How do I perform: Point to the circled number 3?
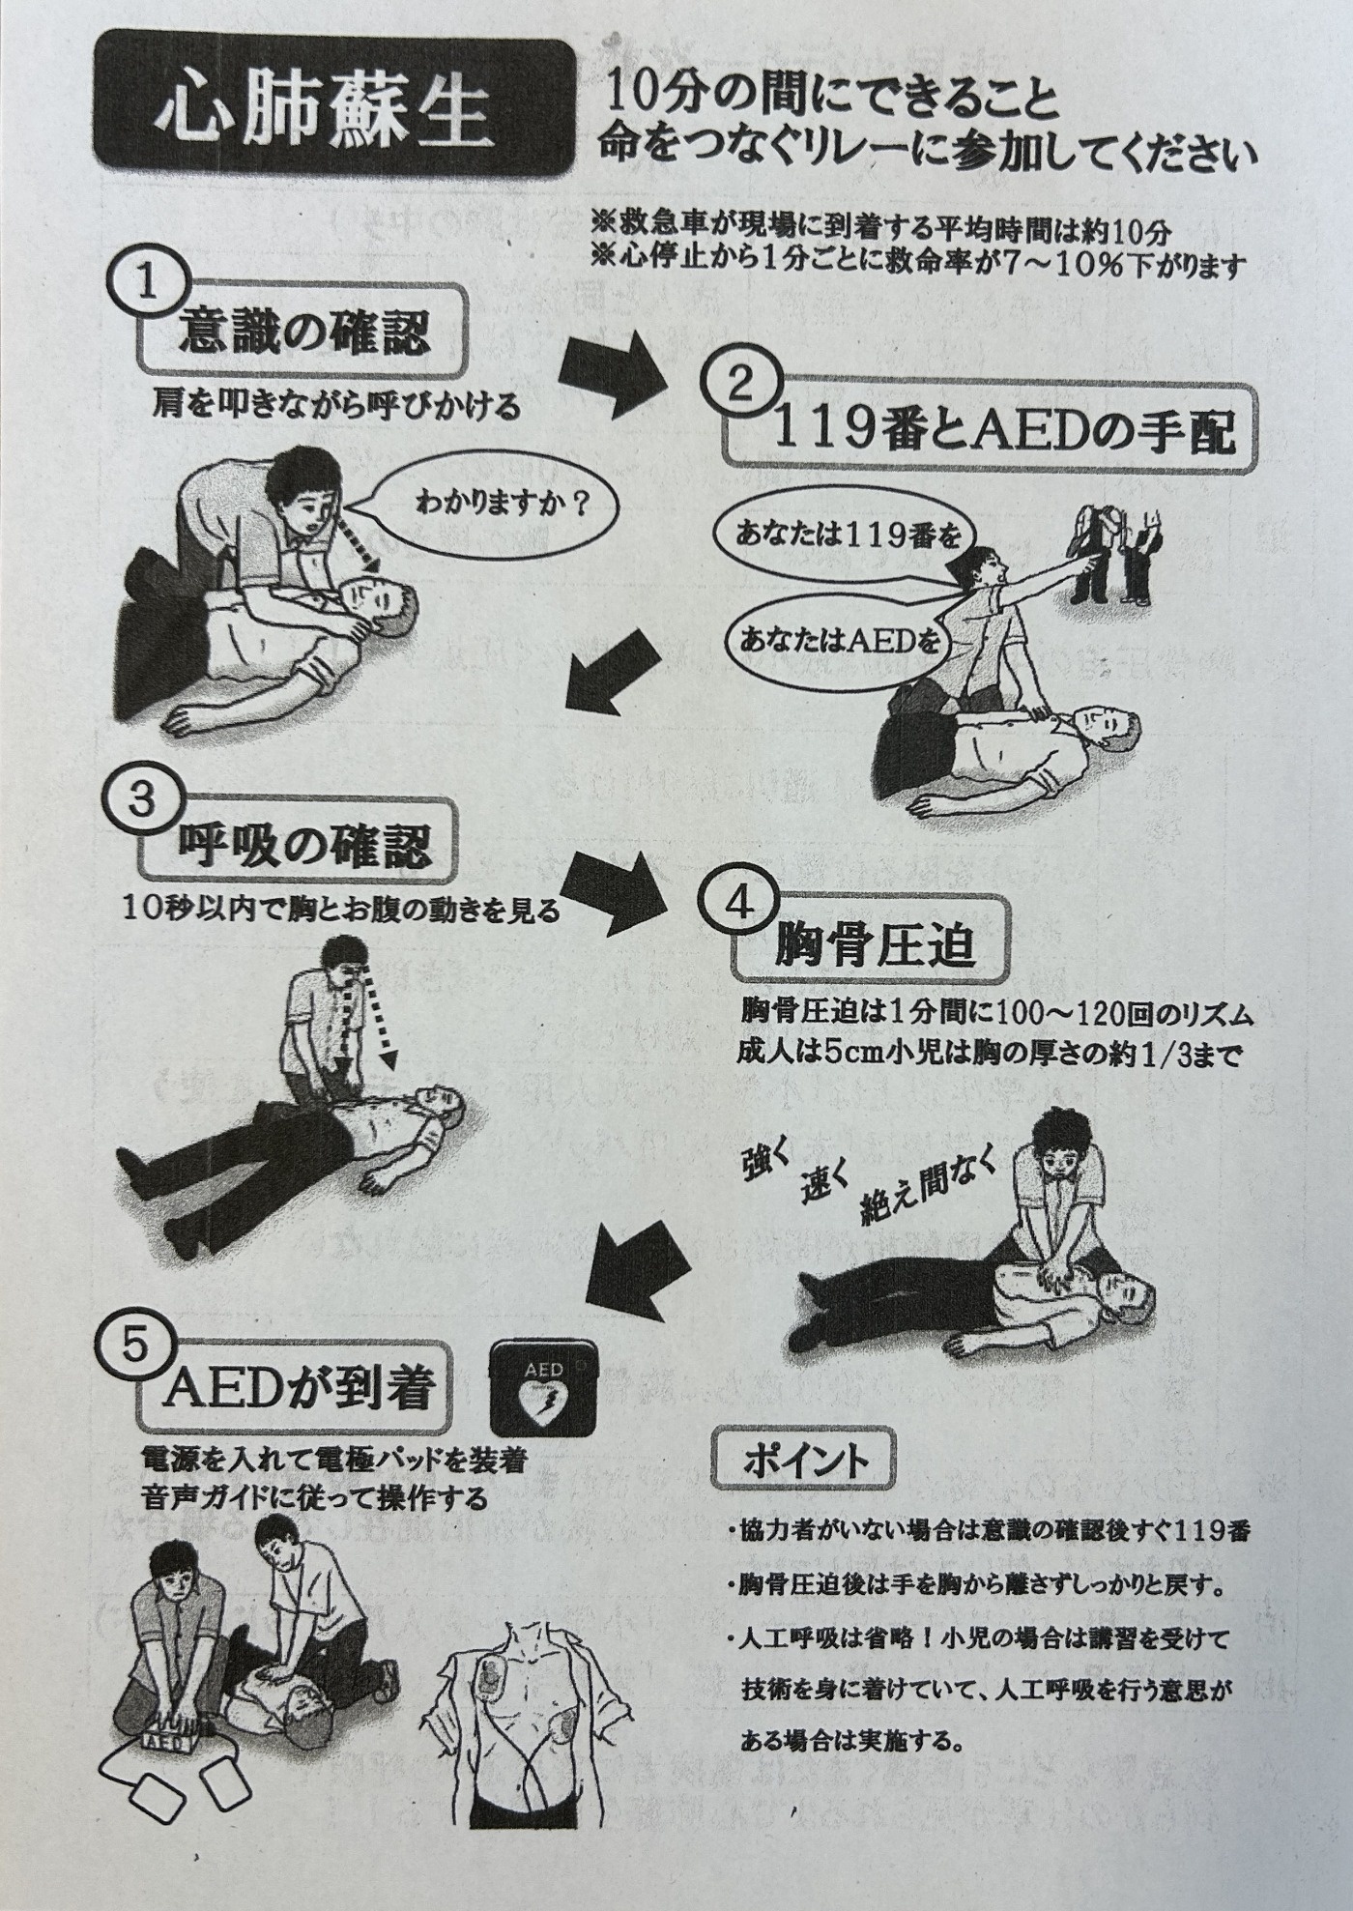[x=141, y=799]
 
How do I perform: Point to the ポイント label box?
[x=803, y=1460]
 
